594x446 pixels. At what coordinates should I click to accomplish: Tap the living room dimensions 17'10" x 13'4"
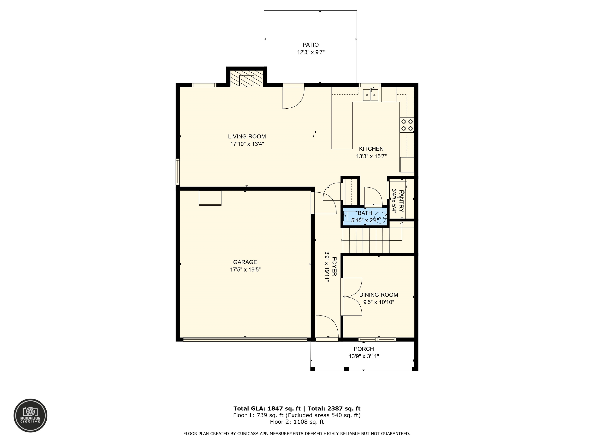pos(247,144)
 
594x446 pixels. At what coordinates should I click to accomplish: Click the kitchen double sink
pos(371,95)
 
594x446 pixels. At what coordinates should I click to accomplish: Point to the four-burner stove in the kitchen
pos(407,125)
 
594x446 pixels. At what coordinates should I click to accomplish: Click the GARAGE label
pos(245,262)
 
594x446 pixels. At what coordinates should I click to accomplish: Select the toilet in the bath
pos(347,216)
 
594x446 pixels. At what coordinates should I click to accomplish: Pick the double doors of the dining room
pos(352,297)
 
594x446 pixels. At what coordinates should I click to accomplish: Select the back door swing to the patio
pos(293,97)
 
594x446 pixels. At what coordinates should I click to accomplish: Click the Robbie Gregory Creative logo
pos(30,416)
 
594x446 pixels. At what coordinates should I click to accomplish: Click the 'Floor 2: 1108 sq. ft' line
pos(297,422)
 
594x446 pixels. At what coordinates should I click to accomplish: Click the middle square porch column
pos(346,369)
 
